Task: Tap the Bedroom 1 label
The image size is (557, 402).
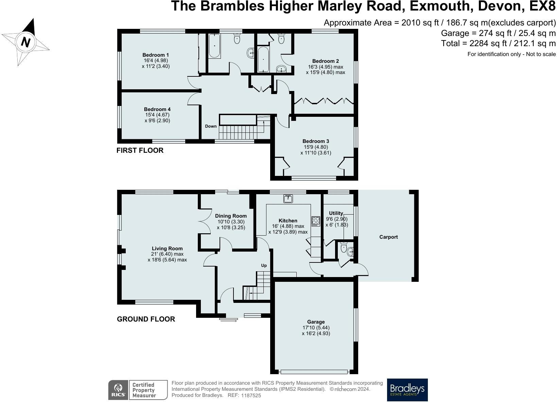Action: point(156,55)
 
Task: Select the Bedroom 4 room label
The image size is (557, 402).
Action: point(157,109)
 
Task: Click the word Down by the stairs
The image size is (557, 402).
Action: point(211,126)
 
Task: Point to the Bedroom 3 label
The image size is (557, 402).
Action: point(316,141)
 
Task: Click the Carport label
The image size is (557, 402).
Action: point(388,237)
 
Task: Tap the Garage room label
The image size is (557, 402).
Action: point(316,322)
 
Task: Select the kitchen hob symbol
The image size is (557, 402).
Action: point(316,221)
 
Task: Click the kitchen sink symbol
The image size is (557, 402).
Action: point(288,199)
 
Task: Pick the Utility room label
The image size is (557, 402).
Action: point(336,213)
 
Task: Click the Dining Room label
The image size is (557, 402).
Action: point(231,216)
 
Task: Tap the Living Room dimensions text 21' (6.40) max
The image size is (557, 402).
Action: point(167,254)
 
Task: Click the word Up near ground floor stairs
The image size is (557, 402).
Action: point(264,266)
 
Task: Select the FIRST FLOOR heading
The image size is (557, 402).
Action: point(140,150)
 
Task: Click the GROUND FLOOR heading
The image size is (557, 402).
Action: point(146,319)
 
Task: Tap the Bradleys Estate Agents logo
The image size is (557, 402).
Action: point(407,390)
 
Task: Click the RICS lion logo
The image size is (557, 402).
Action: point(118,390)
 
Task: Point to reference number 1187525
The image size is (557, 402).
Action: point(251,396)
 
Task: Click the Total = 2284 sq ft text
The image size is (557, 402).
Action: point(498,43)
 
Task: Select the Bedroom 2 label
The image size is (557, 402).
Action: point(325,61)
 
